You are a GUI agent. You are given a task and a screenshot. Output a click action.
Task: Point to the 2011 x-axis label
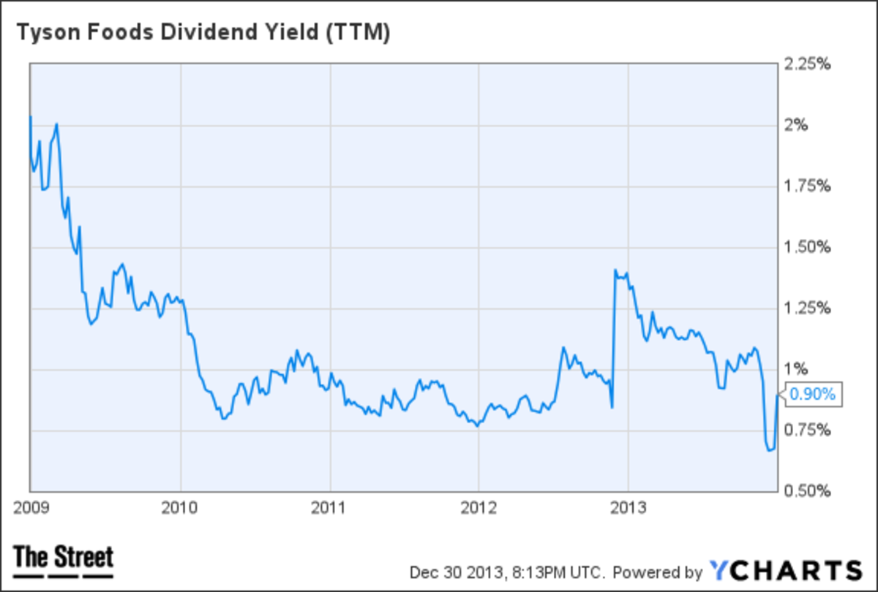[x=330, y=507]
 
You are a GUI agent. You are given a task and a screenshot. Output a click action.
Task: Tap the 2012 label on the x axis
[x=479, y=507]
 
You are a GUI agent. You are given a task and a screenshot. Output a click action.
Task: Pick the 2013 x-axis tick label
[x=629, y=507]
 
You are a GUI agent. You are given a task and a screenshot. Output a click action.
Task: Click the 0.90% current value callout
[x=814, y=395]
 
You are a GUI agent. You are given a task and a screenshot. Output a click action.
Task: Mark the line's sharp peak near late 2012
[x=615, y=270]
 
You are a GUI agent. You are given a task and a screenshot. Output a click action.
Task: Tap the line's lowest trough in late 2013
[x=769, y=450]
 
